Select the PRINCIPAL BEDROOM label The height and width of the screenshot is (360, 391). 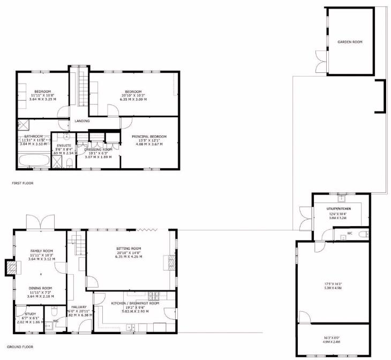[149, 137]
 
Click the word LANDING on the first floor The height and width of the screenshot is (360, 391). [82, 121]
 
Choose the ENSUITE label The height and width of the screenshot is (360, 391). [64, 145]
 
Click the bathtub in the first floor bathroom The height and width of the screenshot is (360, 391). [34, 160]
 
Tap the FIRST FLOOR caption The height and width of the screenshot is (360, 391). [23, 183]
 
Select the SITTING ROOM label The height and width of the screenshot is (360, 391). [129, 249]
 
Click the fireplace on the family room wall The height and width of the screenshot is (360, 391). [11, 267]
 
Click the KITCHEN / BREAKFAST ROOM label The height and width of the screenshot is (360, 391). [135, 303]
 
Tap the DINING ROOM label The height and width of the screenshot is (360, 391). [41, 288]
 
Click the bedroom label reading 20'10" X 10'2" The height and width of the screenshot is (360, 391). [133, 95]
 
